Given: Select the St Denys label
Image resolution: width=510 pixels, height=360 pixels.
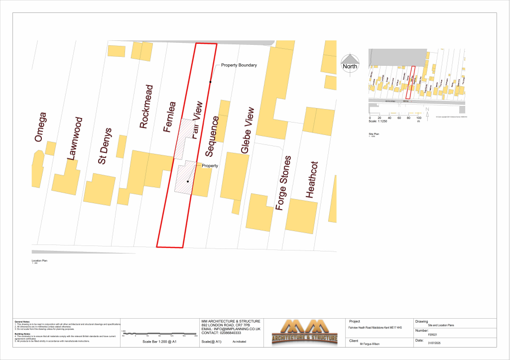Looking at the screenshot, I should pos(106,146).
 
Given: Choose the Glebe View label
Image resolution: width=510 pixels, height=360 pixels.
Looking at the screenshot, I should pos(248,130).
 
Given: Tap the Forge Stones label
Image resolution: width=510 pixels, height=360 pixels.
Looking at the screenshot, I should pos(282,183).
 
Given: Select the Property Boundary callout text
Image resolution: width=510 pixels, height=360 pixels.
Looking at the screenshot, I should pos(239,65).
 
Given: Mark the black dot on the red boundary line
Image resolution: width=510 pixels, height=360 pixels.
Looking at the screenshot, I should pos(210,82).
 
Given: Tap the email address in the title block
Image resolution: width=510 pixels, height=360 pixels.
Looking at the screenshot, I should pos(231,329).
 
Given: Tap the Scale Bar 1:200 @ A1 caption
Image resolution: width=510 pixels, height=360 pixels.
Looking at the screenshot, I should pos(160,342).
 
